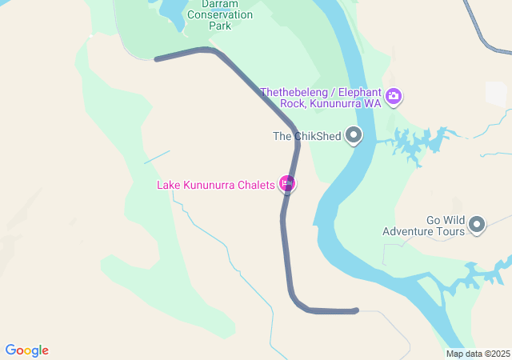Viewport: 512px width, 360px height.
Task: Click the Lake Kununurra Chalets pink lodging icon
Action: tap(287, 185)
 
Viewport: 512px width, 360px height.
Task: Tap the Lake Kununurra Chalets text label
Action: tap(216, 186)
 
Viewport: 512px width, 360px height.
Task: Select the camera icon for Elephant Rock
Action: tap(393, 98)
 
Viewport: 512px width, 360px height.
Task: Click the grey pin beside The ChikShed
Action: tap(354, 136)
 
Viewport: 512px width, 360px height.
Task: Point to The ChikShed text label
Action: tap(306, 137)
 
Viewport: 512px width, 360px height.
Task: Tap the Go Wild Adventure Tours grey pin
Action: tap(478, 225)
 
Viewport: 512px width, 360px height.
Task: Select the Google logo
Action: tap(26, 350)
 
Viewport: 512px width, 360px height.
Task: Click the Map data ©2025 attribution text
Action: tap(478, 354)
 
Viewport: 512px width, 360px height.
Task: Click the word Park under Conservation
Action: tap(219, 26)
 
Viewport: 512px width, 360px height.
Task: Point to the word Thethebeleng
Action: tap(295, 90)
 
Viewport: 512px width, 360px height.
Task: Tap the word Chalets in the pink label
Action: tap(256, 186)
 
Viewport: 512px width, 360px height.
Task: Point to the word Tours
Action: tap(450, 232)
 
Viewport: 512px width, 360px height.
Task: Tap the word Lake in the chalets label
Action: tap(169, 186)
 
